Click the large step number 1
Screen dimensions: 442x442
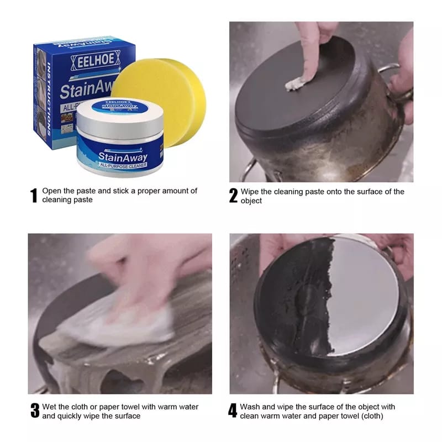[34, 196]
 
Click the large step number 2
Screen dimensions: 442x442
[233, 196]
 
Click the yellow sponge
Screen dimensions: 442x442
[166, 88]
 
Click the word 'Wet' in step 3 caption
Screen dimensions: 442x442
[50, 407]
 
